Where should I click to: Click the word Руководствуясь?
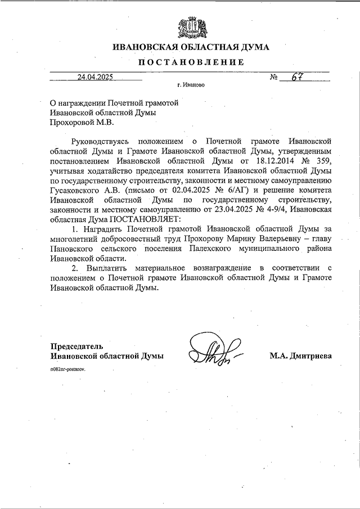[x=102, y=139]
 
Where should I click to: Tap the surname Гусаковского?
[x=76, y=189]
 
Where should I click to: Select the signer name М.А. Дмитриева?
[x=301, y=356]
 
